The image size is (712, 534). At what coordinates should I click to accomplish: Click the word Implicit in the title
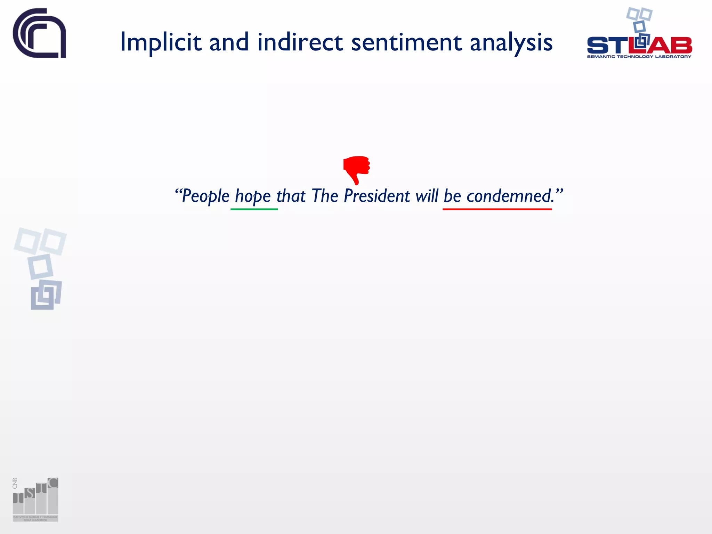(161, 42)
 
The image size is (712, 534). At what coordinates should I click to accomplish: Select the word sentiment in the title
(406, 42)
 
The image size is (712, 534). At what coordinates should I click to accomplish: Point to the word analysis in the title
(511, 42)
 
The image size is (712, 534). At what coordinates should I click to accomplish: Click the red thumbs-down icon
(356, 169)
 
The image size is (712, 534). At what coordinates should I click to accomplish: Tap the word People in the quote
(205, 196)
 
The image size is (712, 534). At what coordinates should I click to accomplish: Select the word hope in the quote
(253, 196)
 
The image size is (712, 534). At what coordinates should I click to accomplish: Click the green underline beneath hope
(254, 209)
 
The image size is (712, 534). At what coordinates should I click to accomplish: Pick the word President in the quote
(377, 196)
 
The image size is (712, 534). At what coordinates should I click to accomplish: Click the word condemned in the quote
(510, 196)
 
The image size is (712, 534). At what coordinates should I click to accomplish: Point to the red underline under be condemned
(497, 209)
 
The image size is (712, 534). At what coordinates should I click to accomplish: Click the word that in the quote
(291, 196)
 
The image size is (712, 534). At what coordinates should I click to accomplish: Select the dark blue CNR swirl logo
(40, 33)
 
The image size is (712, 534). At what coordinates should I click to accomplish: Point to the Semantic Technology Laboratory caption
(639, 57)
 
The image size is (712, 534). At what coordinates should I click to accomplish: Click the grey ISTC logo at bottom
(35, 499)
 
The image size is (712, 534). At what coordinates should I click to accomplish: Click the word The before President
(325, 196)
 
